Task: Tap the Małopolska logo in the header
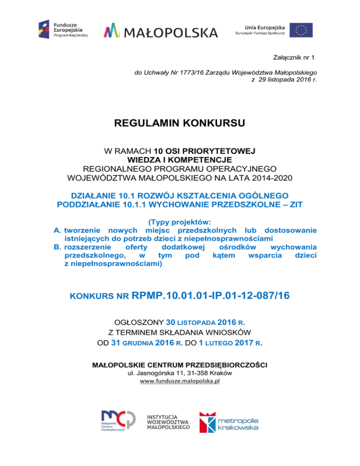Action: pyautogui.click(x=161, y=31)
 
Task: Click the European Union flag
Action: pyautogui.click(x=301, y=30)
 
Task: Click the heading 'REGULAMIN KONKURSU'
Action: pyautogui.click(x=180, y=124)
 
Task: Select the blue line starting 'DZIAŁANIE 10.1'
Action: pyautogui.click(x=180, y=195)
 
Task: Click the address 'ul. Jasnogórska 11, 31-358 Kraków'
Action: pyautogui.click(x=180, y=373)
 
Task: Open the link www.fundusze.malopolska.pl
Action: pyautogui.click(x=180, y=382)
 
